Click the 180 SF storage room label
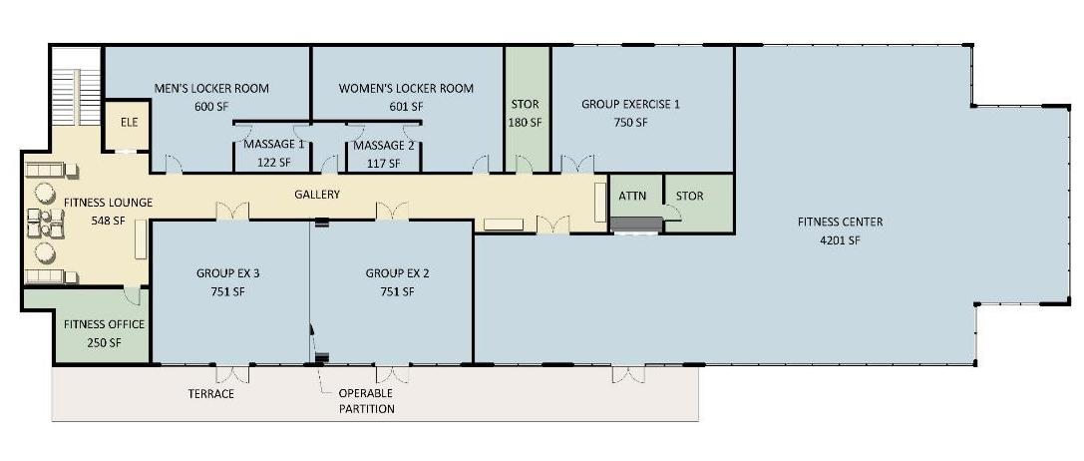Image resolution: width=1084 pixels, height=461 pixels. [x=526, y=123]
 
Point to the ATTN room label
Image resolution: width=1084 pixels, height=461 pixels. [x=632, y=196]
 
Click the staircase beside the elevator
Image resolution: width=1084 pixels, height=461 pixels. [x=78, y=87]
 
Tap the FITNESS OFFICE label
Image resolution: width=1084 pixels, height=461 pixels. [x=104, y=324]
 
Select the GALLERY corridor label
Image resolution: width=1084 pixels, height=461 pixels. [x=317, y=195]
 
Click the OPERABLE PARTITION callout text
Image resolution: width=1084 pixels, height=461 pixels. [x=366, y=401]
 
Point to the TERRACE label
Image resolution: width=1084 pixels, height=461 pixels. [x=210, y=394]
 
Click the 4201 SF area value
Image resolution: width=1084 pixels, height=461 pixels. [x=840, y=240]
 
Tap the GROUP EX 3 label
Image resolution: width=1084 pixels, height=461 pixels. [x=227, y=273]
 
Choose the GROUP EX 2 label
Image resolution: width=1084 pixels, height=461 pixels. [x=397, y=273]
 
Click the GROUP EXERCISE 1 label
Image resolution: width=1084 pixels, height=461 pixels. [x=630, y=105]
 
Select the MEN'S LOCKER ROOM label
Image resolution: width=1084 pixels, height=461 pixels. [x=210, y=89]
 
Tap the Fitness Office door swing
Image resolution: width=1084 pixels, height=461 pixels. [x=133, y=295]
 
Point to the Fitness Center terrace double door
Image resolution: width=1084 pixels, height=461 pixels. [x=628, y=374]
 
